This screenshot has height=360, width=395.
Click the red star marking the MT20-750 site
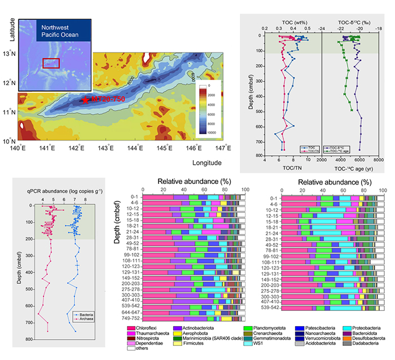85,100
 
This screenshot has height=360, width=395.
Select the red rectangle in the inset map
51,63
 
